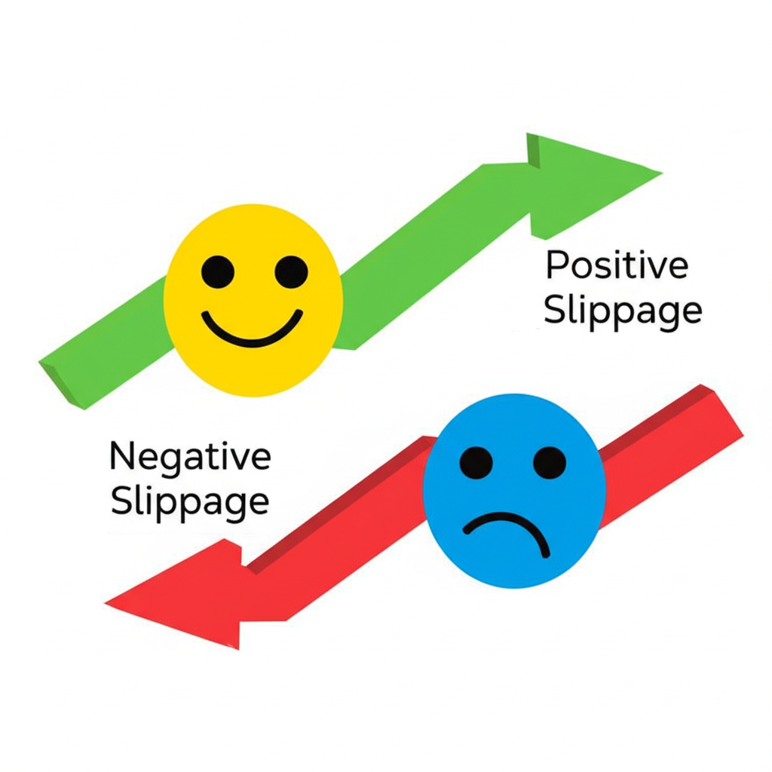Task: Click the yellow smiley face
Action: [x=253, y=300]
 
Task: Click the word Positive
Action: [x=617, y=265]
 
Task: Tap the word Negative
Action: [x=190, y=456]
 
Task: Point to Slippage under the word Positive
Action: [x=623, y=311]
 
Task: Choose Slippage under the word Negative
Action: [x=190, y=501]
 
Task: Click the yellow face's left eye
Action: [x=218, y=271]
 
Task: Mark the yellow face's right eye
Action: [x=291, y=271]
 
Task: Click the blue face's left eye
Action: [x=476, y=462]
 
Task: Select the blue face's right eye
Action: [x=549, y=462]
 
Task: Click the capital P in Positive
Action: [x=556, y=265]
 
